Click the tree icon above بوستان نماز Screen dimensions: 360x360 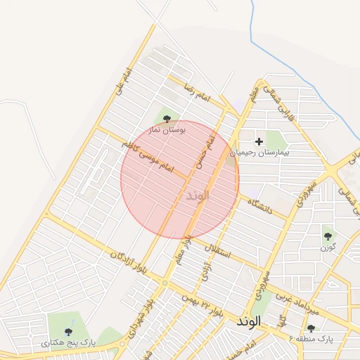click(167, 119)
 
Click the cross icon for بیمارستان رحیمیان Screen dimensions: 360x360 click(259, 141)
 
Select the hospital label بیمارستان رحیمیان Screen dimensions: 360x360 click(264, 152)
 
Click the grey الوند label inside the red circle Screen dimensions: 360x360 click(198, 195)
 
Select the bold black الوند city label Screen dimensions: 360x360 click(249, 321)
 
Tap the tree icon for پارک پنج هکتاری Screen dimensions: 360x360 click(68, 331)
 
